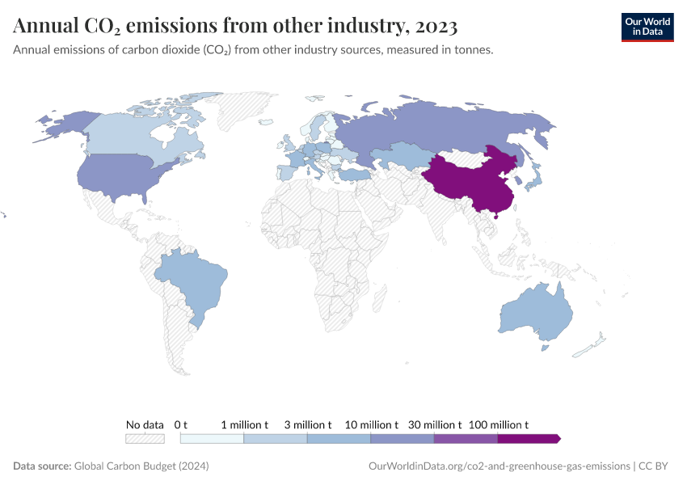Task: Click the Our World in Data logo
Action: coord(647,27)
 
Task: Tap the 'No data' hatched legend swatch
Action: coord(145,439)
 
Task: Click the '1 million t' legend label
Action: coord(244,424)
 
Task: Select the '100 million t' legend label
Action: coord(499,424)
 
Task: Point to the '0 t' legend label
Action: coord(181,424)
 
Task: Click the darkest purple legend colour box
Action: coord(527,439)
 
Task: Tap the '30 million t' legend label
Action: coord(435,424)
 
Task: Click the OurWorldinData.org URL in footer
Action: coord(499,466)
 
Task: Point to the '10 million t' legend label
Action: coord(372,424)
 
